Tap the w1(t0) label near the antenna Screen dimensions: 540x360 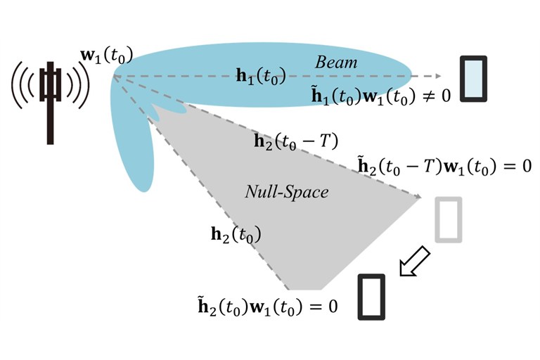pyautogui.click(x=106, y=56)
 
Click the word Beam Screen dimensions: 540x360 pyautogui.click(x=336, y=63)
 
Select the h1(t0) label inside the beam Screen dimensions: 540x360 pyautogui.click(x=261, y=75)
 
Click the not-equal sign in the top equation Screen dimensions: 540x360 pyautogui.click(x=427, y=95)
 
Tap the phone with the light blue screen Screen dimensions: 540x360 pyautogui.click(x=474, y=79)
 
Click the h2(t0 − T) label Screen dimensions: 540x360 pyautogui.click(x=296, y=141)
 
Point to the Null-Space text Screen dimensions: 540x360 pyautogui.click(x=287, y=191)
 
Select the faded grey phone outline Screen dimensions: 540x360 pyautogui.click(x=449, y=219)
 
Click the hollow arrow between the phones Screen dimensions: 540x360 pyautogui.click(x=414, y=262)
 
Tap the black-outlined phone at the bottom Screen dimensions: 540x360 pyautogui.click(x=371, y=297)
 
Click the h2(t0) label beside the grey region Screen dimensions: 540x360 pyautogui.click(x=236, y=234)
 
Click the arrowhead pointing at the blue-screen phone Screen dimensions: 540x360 pyautogui.click(x=439, y=76)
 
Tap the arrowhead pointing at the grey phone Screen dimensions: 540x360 pyautogui.click(x=418, y=196)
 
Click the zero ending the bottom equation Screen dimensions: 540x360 pyautogui.click(x=333, y=307)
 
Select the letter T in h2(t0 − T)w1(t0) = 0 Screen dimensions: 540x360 pyautogui.click(x=427, y=166)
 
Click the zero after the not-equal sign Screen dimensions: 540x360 pyautogui.click(x=446, y=95)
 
